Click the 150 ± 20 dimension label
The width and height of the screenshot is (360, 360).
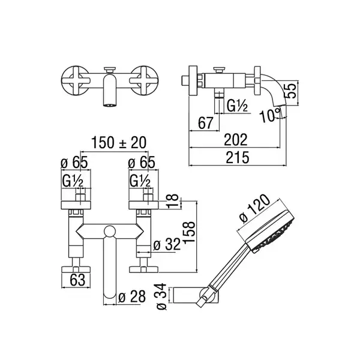[119, 143]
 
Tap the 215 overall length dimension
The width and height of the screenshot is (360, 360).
[238, 157]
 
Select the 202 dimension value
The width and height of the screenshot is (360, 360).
[236, 140]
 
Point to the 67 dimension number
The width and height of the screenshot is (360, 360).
[205, 123]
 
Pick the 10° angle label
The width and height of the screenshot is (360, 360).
[270, 115]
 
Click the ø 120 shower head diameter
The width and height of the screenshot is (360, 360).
[255, 209]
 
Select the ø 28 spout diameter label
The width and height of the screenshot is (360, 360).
[132, 296]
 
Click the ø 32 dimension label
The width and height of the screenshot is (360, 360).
[167, 244]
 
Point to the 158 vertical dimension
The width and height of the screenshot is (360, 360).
[189, 232]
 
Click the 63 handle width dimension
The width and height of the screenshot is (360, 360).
[77, 280]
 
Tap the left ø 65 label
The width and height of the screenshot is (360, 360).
[74, 163]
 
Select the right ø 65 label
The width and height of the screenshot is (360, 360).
[142, 163]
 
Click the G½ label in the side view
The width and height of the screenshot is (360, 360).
[237, 106]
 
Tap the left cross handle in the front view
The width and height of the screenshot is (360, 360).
[75, 80]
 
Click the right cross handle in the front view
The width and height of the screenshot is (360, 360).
[143, 80]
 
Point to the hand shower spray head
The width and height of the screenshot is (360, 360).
[270, 232]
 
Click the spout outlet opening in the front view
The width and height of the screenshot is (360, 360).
[110, 105]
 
